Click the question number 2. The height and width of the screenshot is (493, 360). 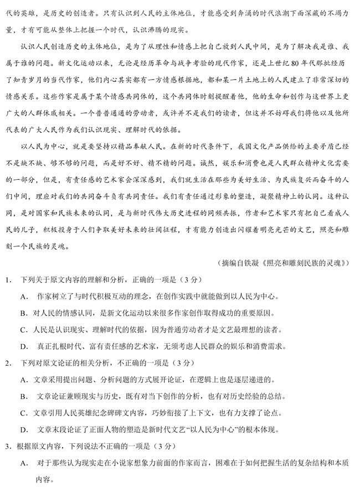coord(8,364)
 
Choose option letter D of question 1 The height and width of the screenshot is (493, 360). coord(24,346)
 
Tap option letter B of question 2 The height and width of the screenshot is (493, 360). coord(24,397)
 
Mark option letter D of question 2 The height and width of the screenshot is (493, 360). coord(24,430)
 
